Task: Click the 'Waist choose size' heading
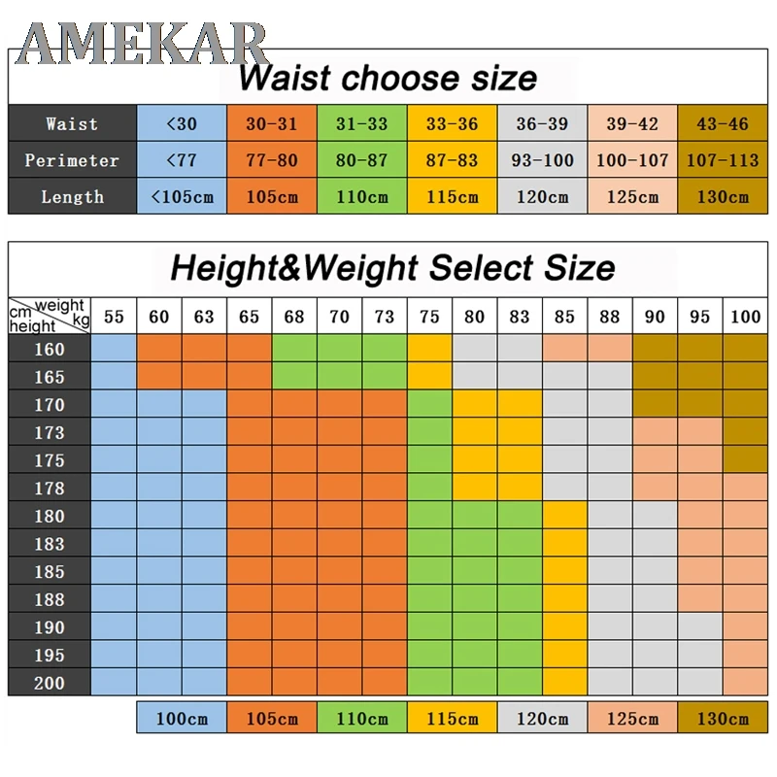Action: (388, 77)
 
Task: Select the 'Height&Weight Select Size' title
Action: (392, 267)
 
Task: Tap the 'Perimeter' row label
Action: (72, 160)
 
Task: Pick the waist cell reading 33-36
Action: (452, 123)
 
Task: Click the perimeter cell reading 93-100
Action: (542, 160)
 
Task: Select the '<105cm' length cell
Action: (182, 196)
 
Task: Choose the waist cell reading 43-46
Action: (723, 123)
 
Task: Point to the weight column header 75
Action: (430, 317)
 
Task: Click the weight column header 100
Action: (746, 317)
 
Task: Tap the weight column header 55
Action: (114, 317)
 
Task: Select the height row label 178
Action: (50, 488)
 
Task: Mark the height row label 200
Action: (50, 683)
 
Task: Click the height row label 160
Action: (50, 349)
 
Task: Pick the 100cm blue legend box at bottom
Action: (182, 719)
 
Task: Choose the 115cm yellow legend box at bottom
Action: (452, 719)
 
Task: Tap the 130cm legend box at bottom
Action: (723, 719)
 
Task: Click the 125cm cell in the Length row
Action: (632, 196)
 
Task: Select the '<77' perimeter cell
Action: (182, 160)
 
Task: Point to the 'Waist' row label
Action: (72, 123)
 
